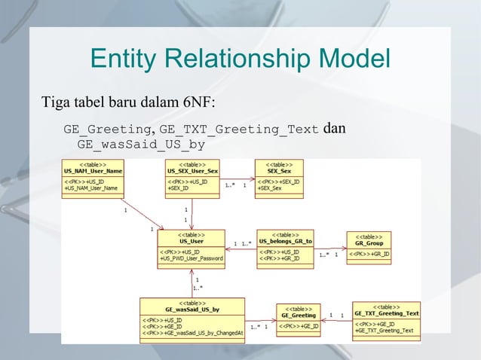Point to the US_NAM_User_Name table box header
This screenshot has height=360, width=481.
pyautogui.click(x=93, y=171)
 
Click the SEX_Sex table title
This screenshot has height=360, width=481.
pyautogui.click(x=279, y=171)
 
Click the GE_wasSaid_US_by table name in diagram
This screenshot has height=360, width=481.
pyautogui.click(x=192, y=310)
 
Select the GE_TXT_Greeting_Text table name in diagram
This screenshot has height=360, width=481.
pyautogui.click(x=386, y=313)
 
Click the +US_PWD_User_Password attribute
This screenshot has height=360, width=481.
pyautogui.click(x=191, y=258)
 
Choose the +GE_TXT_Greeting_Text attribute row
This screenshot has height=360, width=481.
pyautogui.click(x=384, y=331)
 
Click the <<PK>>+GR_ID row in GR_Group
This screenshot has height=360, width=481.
pyautogui.click(x=369, y=255)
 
